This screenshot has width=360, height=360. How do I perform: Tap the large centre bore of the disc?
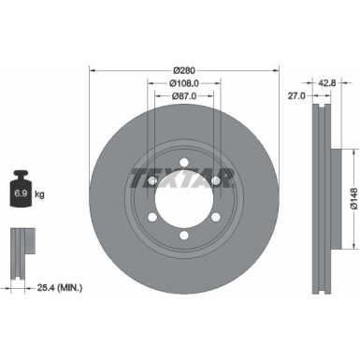coord(183,196)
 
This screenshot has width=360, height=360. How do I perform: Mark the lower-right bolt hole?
coord(216,217)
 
